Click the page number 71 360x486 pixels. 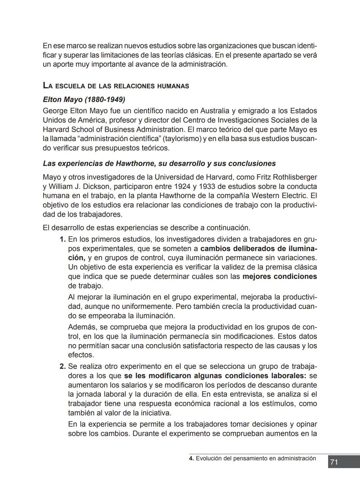click(334, 462)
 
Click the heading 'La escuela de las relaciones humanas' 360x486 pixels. click(116, 86)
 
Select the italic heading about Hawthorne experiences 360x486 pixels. click(159, 164)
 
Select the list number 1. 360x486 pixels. click(62, 240)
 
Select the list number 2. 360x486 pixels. click(62, 367)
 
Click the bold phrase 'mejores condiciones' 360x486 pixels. click(279, 276)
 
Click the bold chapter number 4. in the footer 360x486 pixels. click(191, 458)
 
